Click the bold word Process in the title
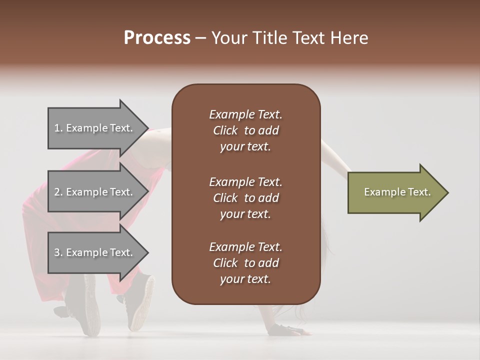pyautogui.click(x=157, y=38)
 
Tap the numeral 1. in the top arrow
pyautogui.click(x=58, y=128)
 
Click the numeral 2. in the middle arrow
pyautogui.click(x=58, y=192)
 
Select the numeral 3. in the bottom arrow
pyautogui.click(x=58, y=252)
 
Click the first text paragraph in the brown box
pyautogui.click(x=245, y=130)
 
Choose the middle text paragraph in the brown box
pyautogui.click(x=245, y=198)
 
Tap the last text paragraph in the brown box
pyautogui.click(x=245, y=263)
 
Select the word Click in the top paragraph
pyautogui.click(x=225, y=130)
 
